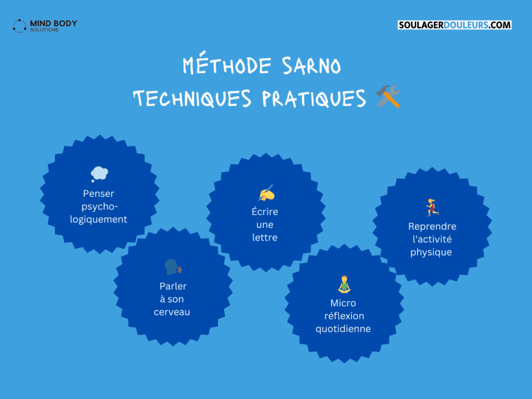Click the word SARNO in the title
pyautogui.click(x=312, y=65)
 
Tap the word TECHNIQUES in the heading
pyautogui.click(x=192, y=98)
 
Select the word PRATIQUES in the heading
pyautogui.click(x=314, y=98)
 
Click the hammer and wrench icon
pyautogui.click(x=388, y=96)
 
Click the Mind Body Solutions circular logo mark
pyautogui.click(x=19, y=26)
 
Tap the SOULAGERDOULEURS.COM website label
pyautogui.click(x=454, y=25)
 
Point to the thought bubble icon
pyautogui.click(x=99, y=174)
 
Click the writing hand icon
pyautogui.click(x=267, y=193)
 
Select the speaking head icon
pyautogui.click(x=173, y=267)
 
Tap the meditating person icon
pyautogui.click(x=344, y=284)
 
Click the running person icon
pyautogui.click(x=432, y=207)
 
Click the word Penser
pyautogui.click(x=98, y=193)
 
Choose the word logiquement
pyautogui.click(x=98, y=219)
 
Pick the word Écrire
pyautogui.click(x=264, y=211)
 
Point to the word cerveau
pyautogui.click(x=171, y=312)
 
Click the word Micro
pyautogui.click(x=343, y=303)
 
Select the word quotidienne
pyautogui.click(x=343, y=328)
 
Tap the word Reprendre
pyautogui.click(x=432, y=227)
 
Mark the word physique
pyautogui.click(x=431, y=252)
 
